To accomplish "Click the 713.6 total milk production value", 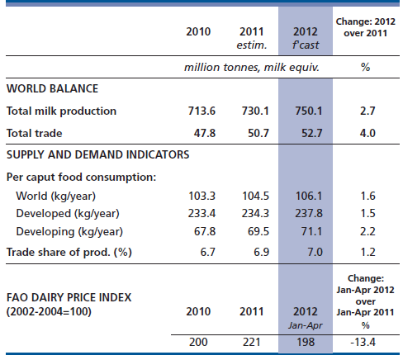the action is [x=201, y=111].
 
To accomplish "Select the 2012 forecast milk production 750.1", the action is [x=309, y=111].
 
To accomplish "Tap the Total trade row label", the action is [x=35, y=133].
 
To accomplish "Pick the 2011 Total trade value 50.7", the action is [x=258, y=133].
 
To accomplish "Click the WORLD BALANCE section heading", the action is [x=52, y=88].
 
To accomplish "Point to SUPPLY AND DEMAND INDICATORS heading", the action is [x=98, y=154].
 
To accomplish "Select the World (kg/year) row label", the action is [x=56, y=197].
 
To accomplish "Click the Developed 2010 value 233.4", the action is [x=201, y=213].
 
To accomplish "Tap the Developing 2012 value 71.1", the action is [x=311, y=231].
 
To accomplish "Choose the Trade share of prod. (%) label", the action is [x=69, y=252].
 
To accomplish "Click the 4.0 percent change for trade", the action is [x=367, y=133].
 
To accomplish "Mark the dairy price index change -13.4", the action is [x=363, y=342].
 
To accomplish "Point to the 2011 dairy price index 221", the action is [x=252, y=342].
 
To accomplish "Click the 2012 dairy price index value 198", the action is [x=306, y=342].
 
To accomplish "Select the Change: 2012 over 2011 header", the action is [x=366, y=27].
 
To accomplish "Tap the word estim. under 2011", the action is [x=252, y=45].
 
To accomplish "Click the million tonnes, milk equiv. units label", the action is [x=252, y=68].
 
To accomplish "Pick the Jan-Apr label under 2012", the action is [x=306, y=326].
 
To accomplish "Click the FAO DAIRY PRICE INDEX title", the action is [x=69, y=297].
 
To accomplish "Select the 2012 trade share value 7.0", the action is [x=315, y=252].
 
